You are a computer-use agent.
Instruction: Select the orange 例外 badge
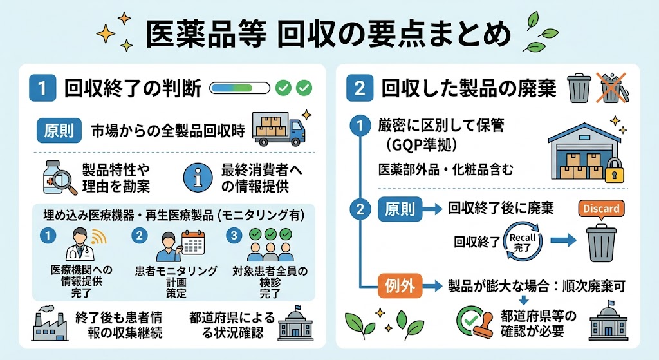click(400, 286)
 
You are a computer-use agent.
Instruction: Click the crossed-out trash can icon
click(613, 88)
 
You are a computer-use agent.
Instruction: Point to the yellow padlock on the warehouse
click(615, 170)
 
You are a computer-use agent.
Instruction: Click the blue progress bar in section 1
click(239, 88)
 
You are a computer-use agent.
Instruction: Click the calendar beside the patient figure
click(193, 243)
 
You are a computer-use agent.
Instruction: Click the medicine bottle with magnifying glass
click(59, 178)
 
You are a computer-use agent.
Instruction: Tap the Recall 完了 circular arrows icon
click(523, 242)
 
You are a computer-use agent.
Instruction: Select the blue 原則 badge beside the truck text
click(59, 131)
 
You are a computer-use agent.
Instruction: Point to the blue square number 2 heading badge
click(360, 88)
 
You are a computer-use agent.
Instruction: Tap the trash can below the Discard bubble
click(602, 243)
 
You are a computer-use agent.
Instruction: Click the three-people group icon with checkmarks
click(270, 245)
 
